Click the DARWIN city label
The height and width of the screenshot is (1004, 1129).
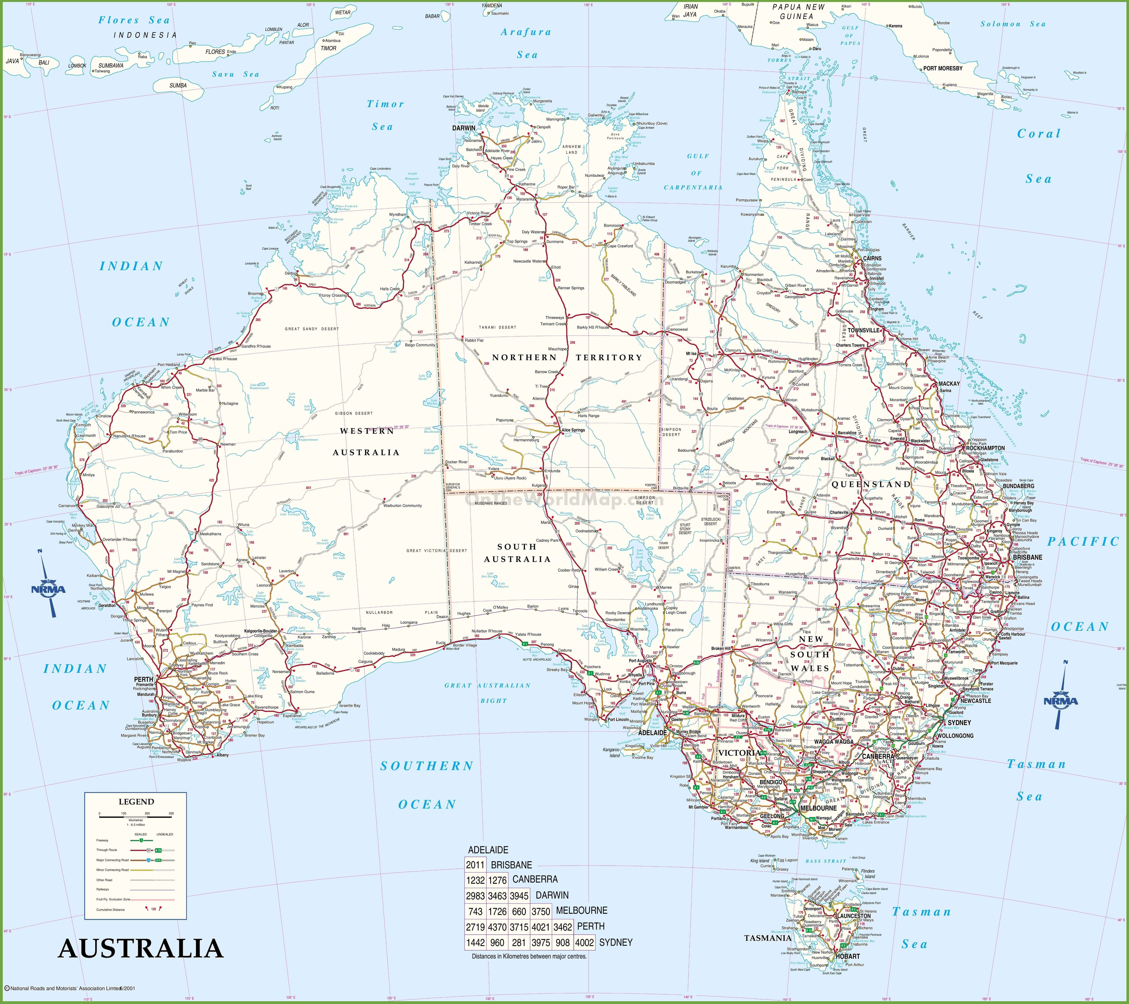point(463,128)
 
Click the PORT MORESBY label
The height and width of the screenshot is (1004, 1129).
point(943,69)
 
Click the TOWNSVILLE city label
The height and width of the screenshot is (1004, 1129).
point(863,330)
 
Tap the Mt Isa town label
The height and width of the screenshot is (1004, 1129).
point(691,353)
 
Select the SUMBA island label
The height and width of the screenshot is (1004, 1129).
point(178,86)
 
